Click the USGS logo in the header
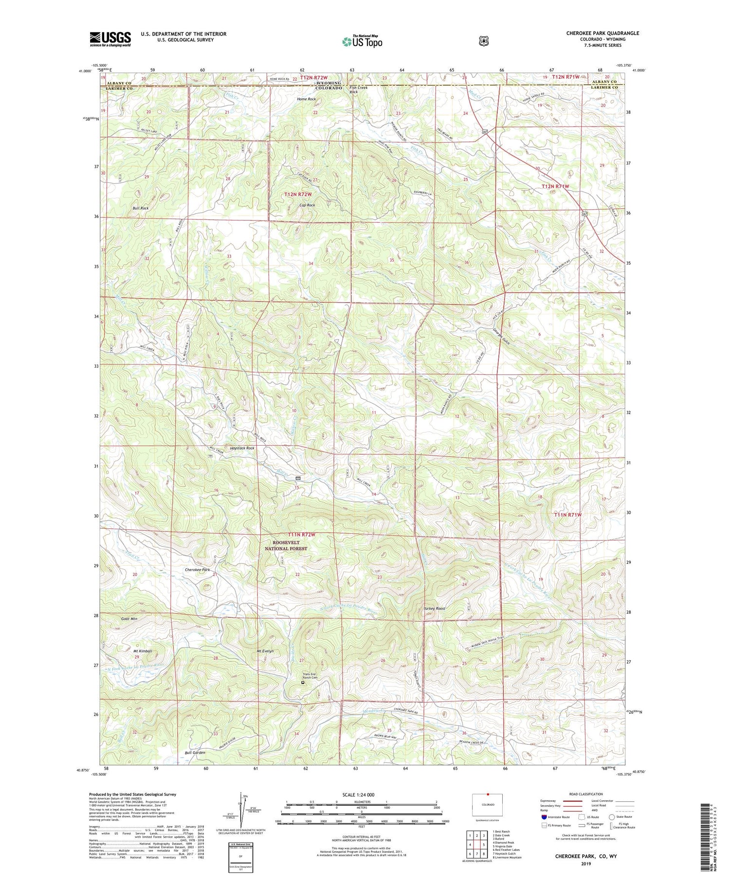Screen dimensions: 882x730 pos(110,39)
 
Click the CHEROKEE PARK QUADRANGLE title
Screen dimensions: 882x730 pos(596,33)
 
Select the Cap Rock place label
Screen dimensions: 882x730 pos(307,205)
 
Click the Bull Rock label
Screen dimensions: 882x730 pos(141,208)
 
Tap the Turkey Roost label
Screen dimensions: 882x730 pos(434,609)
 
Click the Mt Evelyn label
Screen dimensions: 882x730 pos(265,651)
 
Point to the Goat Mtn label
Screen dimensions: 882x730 pos(129,619)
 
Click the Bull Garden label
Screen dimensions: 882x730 pos(195,753)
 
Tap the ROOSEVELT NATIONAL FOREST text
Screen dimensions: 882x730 pos(286,545)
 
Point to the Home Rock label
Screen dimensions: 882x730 pos(307,99)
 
